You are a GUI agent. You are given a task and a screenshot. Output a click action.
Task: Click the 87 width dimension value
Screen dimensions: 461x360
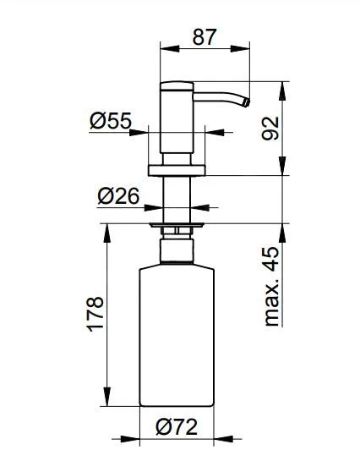click(205, 36)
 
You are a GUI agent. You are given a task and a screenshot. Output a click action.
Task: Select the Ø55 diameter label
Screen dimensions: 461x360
click(111, 122)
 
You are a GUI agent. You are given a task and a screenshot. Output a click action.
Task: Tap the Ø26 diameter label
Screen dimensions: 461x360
click(117, 196)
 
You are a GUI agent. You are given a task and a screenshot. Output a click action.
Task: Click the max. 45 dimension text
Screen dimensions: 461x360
click(271, 286)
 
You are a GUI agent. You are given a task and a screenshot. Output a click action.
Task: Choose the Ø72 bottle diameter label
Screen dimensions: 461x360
click(176, 428)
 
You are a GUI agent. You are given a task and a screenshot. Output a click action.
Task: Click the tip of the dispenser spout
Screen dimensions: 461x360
click(248, 102)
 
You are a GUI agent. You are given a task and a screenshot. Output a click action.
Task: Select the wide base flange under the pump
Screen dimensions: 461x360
click(176, 171)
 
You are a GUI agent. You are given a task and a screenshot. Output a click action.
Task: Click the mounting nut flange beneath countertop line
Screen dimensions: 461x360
click(176, 226)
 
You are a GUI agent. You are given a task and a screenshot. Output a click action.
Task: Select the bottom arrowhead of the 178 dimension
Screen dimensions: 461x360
click(106, 405)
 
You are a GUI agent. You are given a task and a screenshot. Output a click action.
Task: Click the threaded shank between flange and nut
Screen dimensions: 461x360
click(176, 199)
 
